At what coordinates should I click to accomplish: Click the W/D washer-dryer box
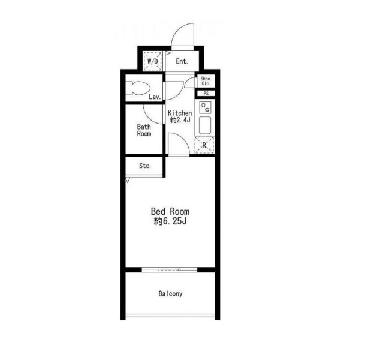tap(152, 61)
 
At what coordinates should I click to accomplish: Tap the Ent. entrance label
tap(182, 61)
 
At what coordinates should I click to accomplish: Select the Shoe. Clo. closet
tap(206, 81)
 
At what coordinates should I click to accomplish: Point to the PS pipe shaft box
tap(206, 94)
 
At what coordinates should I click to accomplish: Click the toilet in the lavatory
tap(138, 88)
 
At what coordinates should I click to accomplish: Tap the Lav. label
tap(155, 97)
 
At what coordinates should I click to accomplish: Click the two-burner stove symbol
tap(205, 107)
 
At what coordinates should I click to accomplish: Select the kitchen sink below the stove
tap(205, 125)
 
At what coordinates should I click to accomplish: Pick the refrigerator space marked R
tap(204, 145)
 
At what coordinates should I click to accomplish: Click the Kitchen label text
tap(180, 113)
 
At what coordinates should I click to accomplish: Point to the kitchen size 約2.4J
tap(180, 120)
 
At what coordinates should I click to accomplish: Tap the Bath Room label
tap(144, 130)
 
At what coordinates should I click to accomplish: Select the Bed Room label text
tap(170, 211)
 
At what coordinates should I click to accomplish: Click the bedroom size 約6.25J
tap(170, 221)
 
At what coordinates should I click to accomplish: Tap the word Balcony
tap(170, 293)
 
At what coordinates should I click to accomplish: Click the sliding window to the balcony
tap(170, 270)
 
